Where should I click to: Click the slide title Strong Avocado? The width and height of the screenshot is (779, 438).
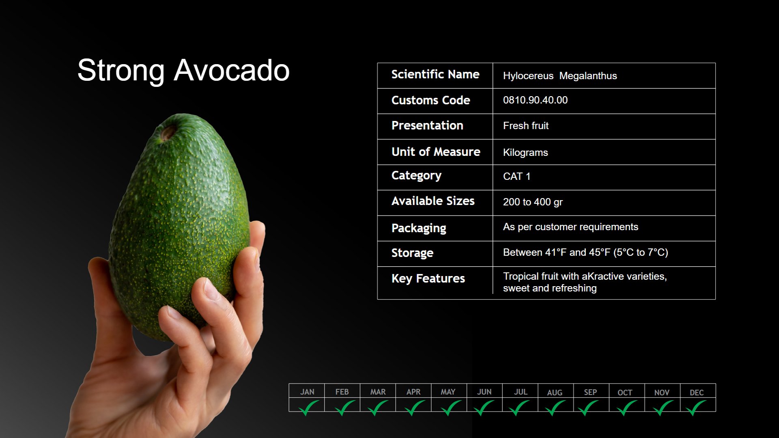tap(183, 71)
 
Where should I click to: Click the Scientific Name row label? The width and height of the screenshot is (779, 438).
tap(435, 74)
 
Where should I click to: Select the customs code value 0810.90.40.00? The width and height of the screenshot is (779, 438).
tap(535, 100)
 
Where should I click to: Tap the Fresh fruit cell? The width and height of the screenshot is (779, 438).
tap(526, 126)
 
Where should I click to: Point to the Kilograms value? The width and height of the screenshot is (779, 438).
tap(525, 152)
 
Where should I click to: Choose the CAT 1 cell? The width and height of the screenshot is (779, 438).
tap(516, 177)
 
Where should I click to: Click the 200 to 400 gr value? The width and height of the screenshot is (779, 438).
tap(533, 202)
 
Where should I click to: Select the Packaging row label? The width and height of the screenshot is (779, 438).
tap(419, 228)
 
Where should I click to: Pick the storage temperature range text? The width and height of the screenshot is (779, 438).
tap(585, 252)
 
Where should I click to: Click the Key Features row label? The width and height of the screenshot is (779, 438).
tap(428, 278)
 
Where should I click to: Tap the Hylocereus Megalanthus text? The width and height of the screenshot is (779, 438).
tap(560, 76)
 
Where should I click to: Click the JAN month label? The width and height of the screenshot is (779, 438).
tap(307, 392)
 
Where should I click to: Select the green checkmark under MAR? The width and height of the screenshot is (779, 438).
tap(377, 408)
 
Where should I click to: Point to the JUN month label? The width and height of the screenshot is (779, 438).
tap(484, 392)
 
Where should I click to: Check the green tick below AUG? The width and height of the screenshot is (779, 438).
tap(555, 408)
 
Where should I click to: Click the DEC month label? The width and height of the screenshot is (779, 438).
tap(697, 393)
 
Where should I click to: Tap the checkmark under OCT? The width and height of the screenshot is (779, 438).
tap(626, 408)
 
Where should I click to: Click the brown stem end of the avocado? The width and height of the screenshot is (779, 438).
tap(168, 133)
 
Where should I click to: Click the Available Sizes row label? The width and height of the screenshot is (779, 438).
tap(433, 201)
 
